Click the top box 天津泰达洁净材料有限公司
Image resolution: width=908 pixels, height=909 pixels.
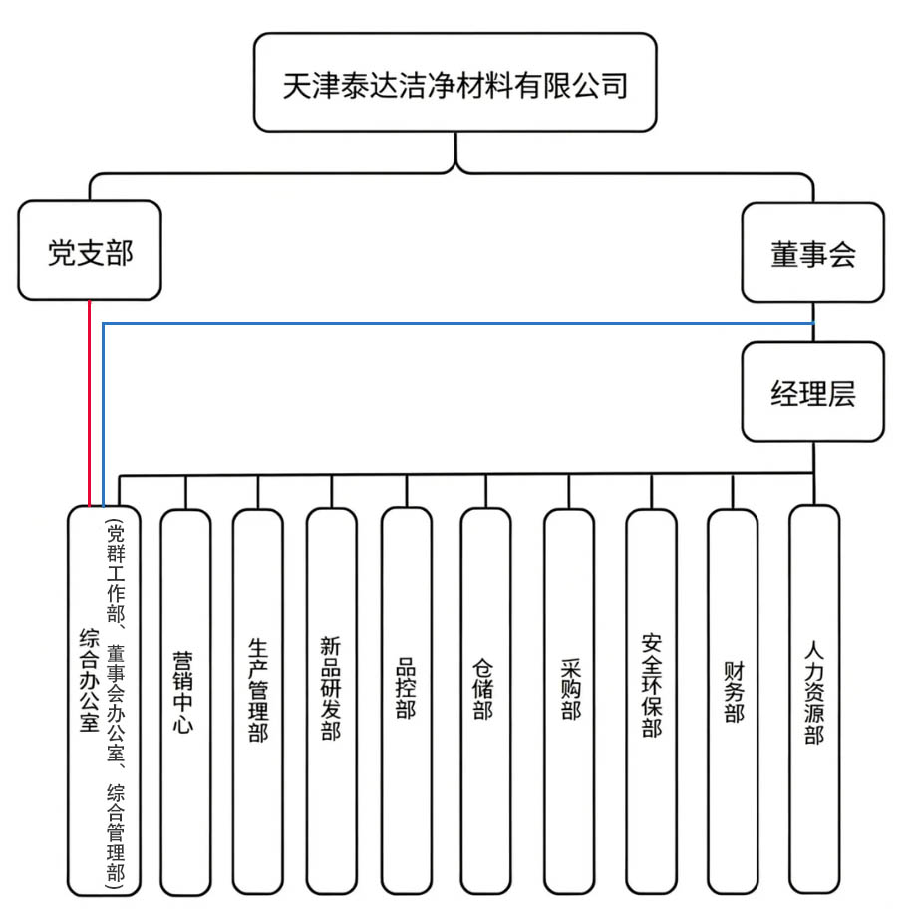[x=454, y=83]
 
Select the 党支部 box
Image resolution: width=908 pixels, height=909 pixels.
[x=90, y=251]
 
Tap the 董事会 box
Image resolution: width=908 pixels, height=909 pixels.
[x=812, y=254]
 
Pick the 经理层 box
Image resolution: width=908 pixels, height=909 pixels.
[x=812, y=393]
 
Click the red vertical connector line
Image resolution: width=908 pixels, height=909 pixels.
[x=90, y=399]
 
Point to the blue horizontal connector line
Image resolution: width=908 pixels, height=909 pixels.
[x=449, y=323]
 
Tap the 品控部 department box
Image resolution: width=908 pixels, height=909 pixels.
[x=406, y=698]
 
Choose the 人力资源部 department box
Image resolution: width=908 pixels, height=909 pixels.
[x=814, y=698]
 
